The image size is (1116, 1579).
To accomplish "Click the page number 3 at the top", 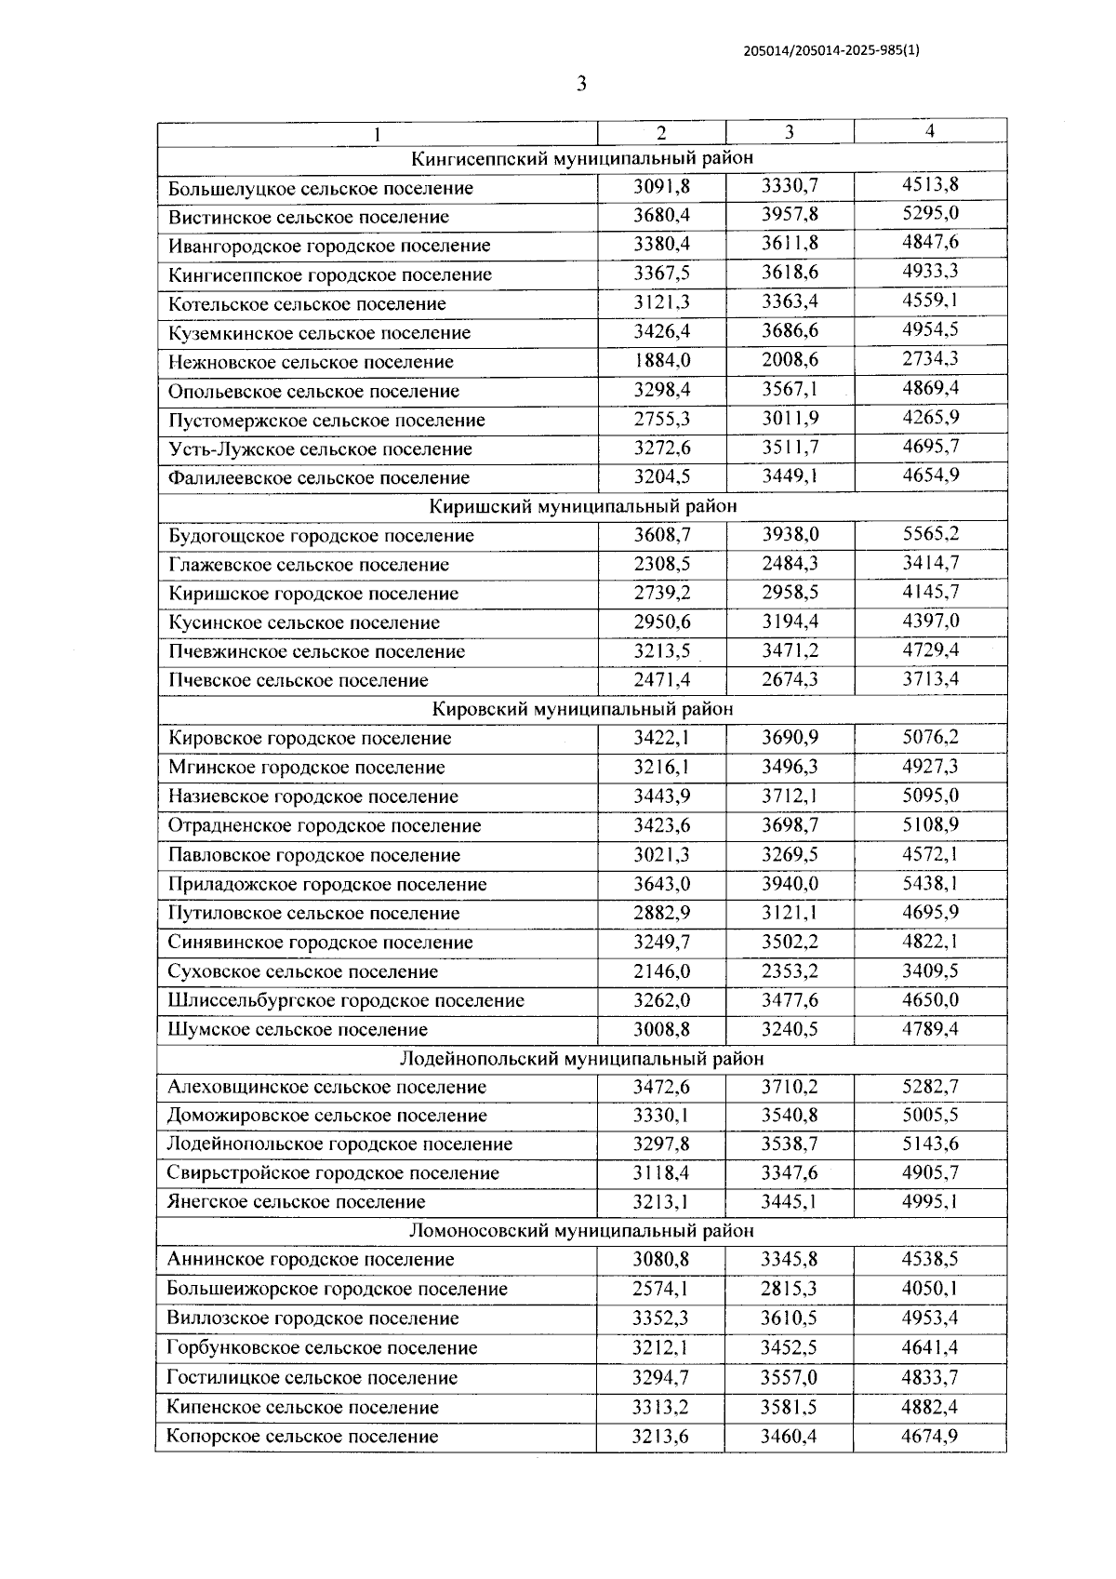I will pos(581,85).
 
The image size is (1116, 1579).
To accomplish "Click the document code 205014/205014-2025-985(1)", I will pos(831,52).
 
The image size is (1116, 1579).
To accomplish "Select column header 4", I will pos(929,131).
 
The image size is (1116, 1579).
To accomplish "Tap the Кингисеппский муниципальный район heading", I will pos(582,158).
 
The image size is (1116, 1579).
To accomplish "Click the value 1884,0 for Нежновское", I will pos(661,360).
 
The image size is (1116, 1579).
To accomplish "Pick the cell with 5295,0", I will pos(930,214).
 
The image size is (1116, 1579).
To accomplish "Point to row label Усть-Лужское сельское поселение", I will pos(320,448).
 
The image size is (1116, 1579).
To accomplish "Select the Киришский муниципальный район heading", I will pos(582,506).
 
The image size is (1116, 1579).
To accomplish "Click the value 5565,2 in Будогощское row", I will pos(930,534).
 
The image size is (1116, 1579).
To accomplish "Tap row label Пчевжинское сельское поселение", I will pos(316,651).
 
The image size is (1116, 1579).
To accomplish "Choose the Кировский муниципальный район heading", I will pos(582,709).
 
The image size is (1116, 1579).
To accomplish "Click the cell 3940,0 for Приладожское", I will pos(790,883).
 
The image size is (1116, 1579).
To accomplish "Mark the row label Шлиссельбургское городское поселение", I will pos(346,1000).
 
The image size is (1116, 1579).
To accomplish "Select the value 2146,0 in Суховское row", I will pos(661,970).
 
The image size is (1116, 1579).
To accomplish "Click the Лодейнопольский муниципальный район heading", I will pos(582,1058).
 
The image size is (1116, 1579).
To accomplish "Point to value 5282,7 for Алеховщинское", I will pos(930,1086).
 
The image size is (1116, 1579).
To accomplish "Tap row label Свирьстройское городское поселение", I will pos(333,1172).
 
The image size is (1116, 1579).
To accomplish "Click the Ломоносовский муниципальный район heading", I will pos(582,1231).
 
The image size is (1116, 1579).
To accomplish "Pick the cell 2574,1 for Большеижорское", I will pos(661,1289).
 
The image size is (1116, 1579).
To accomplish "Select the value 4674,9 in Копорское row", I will pos(930,1436).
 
